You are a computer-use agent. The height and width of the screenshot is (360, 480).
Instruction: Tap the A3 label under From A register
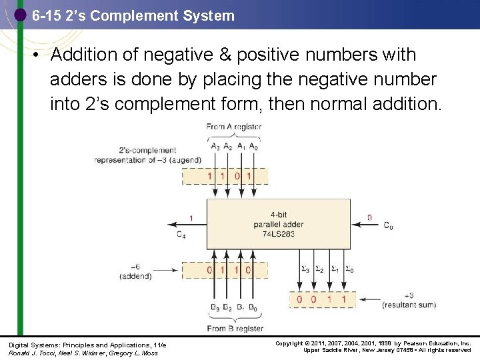pyautogui.click(x=215, y=147)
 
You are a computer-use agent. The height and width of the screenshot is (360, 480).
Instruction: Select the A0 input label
pyautogui.click(x=253, y=147)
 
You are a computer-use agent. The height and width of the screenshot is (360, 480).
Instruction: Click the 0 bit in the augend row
pyautogui.click(x=235, y=176)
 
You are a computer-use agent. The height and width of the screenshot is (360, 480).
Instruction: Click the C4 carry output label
pyautogui.click(x=181, y=234)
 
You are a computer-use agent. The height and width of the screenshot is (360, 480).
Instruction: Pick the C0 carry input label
pyautogui.click(x=387, y=226)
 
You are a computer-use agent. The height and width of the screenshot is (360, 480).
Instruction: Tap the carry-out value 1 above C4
pyautogui.click(x=191, y=218)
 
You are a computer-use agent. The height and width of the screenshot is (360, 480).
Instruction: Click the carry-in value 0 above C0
pyautogui.click(x=370, y=217)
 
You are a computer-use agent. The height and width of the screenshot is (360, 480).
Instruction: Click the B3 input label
pyautogui.click(x=215, y=307)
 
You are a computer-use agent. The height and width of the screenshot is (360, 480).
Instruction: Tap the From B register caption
pyautogui.click(x=235, y=327)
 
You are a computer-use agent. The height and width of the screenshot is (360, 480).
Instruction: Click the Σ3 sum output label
pyautogui.click(x=305, y=269)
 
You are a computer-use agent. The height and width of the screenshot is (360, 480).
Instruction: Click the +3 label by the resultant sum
pyautogui.click(x=409, y=295)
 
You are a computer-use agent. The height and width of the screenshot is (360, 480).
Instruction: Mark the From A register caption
pyautogui.click(x=233, y=127)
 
